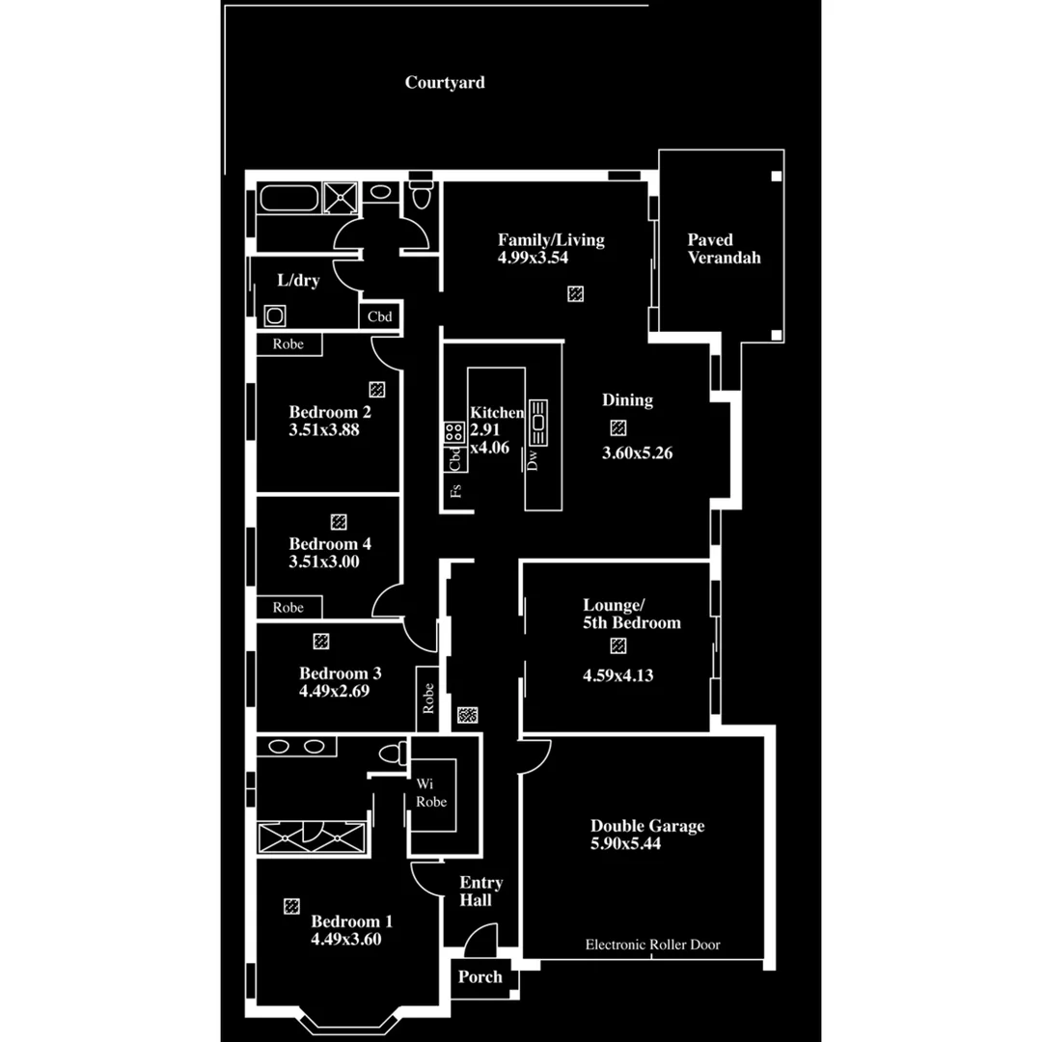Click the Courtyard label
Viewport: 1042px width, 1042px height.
(445, 83)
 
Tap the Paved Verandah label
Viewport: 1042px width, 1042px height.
(724, 248)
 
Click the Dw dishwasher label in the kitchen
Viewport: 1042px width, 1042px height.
(533, 461)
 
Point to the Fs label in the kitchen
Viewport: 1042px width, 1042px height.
(456, 489)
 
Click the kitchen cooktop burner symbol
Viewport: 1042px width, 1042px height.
(452, 432)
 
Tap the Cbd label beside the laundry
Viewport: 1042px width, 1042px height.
(379, 315)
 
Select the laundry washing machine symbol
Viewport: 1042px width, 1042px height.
(274, 315)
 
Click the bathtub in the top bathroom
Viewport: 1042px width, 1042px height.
(288, 201)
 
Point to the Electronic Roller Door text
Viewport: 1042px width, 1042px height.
(652, 945)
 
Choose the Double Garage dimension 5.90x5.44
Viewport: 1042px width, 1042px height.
(625, 843)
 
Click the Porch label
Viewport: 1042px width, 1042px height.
(480, 976)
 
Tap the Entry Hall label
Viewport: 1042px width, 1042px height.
(480, 891)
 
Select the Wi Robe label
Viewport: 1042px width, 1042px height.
(429, 792)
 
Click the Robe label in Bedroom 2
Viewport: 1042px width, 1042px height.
(288, 343)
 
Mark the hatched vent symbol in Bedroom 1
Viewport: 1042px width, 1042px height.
(291, 906)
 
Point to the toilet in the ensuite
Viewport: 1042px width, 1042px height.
(391, 753)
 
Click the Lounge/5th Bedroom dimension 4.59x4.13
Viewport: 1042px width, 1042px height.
(617, 675)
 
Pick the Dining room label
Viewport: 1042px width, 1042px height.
(627, 399)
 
